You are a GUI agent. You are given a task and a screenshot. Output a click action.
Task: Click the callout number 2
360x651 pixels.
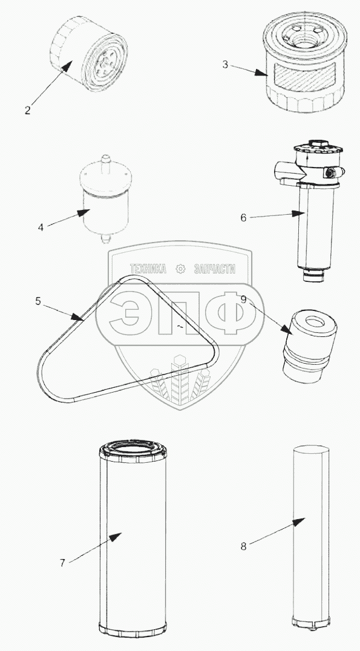pos(27,111)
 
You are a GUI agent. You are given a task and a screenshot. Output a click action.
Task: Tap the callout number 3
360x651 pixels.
pos(225,65)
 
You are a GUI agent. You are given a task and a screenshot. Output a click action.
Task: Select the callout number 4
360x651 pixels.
pos(41,227)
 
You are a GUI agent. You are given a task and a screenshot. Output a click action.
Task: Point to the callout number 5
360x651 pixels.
pos(38,301)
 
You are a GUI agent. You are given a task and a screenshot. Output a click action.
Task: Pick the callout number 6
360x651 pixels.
pos(243,217)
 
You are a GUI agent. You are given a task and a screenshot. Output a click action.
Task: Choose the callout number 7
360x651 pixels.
pos(62,563)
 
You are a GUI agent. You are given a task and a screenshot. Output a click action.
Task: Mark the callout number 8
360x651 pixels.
pos(243,546)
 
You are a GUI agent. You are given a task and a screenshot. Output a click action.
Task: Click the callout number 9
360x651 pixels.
pos(243,299)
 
